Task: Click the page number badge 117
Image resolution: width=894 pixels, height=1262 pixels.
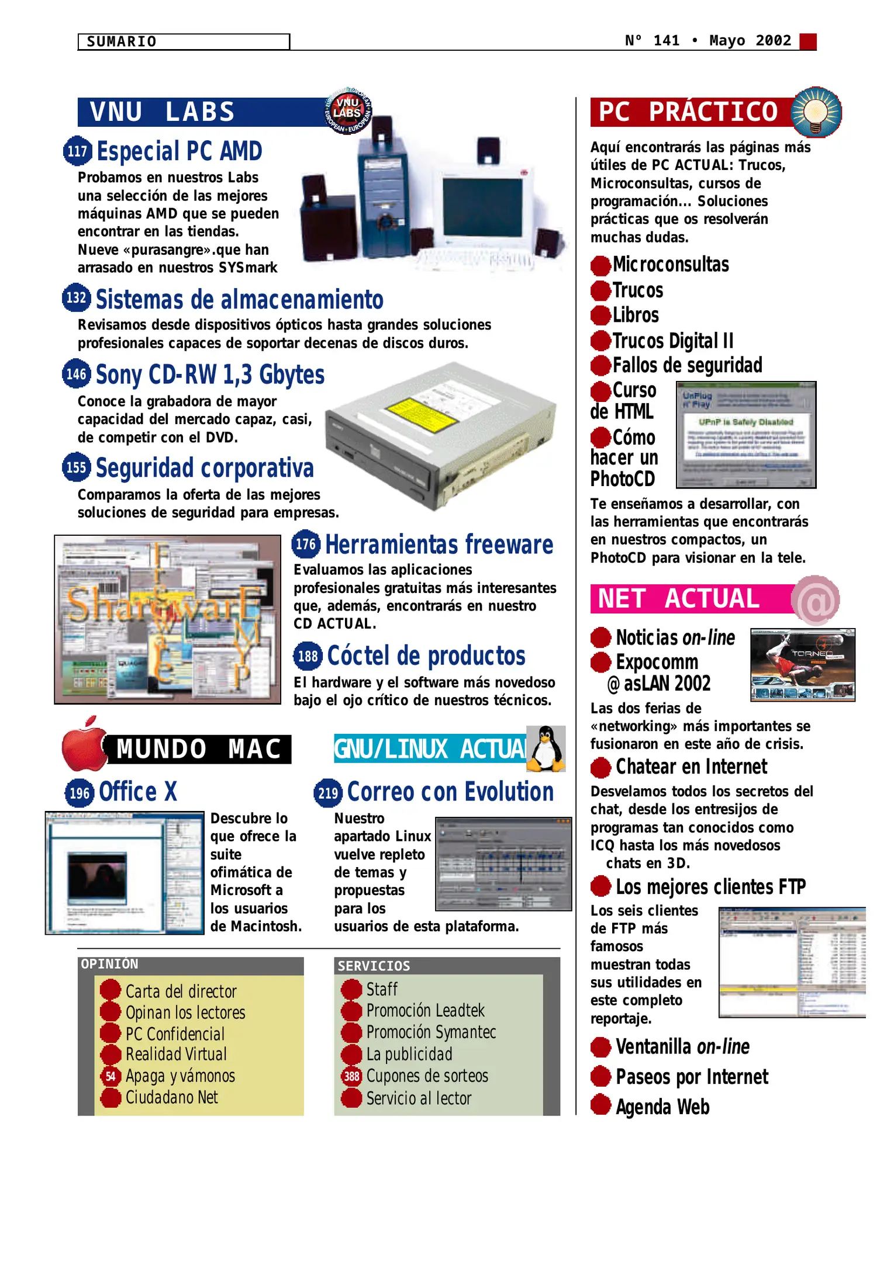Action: point(77,151)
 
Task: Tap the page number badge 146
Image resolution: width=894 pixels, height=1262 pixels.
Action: point(76,373)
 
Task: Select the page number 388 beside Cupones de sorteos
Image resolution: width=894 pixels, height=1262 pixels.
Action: point(351,1076)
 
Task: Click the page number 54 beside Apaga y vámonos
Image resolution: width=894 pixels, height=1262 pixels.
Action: point(111,1076)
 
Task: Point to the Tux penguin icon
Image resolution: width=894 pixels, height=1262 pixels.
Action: point(546,748)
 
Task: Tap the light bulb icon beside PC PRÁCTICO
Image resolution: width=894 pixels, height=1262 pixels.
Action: point(816,111)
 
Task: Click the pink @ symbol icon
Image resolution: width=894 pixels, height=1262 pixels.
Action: point(816,600)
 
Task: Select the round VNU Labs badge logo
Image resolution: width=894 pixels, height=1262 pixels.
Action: point(348,110)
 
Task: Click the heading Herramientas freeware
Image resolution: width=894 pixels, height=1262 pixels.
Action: point(439,545)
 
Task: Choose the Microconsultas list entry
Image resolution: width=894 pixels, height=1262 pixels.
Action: point(671,265)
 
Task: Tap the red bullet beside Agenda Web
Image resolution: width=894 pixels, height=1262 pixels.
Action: point(600,1105)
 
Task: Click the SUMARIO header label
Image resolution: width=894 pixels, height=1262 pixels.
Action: point(122,41)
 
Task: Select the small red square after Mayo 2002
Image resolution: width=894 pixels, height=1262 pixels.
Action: point(807,41)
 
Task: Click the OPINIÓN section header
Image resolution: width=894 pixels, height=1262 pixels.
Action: point(110,964)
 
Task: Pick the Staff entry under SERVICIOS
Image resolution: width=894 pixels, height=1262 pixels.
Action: point(382,989)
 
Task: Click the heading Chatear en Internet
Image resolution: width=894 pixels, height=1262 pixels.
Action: point(691,767)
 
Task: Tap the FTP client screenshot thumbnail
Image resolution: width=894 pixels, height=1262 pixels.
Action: point(792,962)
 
